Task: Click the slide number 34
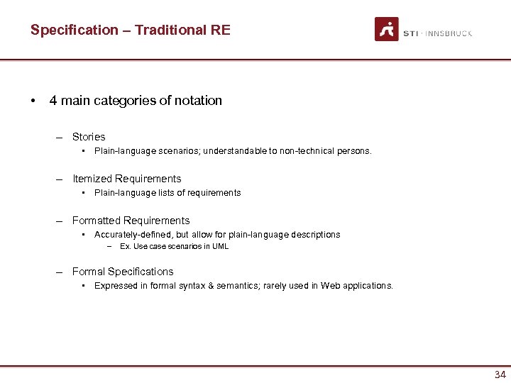point(500,375)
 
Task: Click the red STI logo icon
point(387,29)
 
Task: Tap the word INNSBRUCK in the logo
point(449,33)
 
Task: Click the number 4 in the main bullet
point(53,101)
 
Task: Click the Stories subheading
point(89,137)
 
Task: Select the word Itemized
point(92,179)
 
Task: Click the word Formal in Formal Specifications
point(89,272)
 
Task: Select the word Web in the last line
point(330,286)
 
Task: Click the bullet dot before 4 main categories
point(33,101)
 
